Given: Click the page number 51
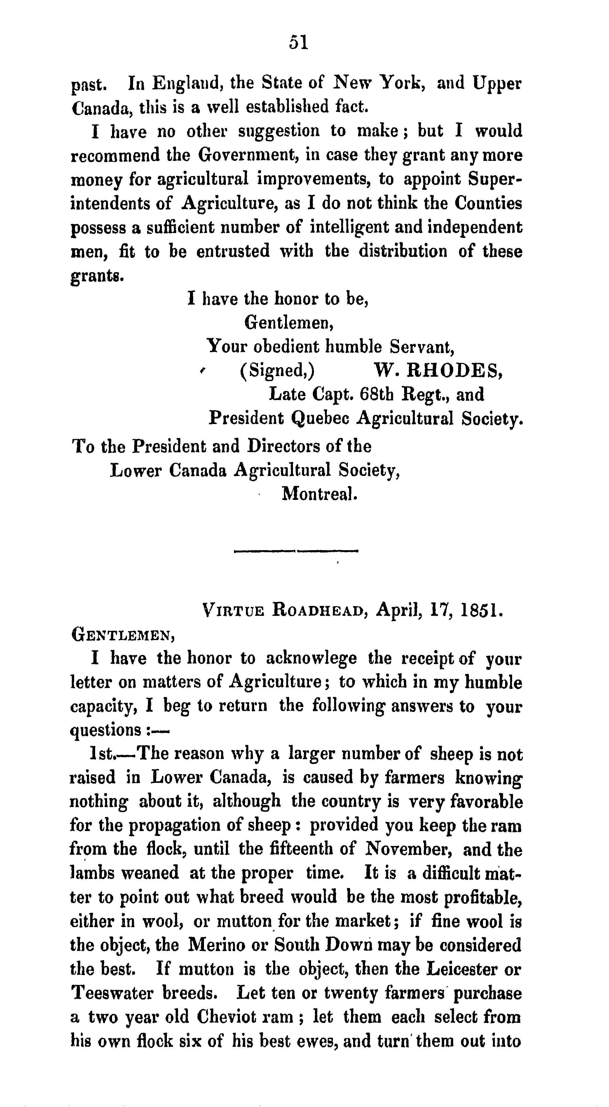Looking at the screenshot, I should coord(299,43).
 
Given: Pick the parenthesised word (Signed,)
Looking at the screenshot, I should coord(277,371).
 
